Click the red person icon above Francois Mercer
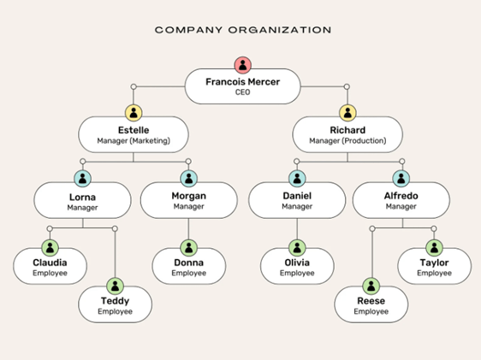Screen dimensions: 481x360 243,65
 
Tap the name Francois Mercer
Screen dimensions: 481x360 243,82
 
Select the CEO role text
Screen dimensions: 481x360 243,92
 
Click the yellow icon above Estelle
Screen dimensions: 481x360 134,113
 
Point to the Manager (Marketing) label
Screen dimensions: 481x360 134,140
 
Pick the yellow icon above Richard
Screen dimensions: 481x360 347,113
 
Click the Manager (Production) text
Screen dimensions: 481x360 347,140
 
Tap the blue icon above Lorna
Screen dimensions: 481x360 82,179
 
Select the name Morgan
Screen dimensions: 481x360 188,196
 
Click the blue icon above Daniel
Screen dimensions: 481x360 297,179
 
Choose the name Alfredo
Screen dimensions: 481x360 401,196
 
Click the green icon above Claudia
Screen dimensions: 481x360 50,248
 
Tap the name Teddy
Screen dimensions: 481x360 115,301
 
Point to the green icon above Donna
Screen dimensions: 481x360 188,248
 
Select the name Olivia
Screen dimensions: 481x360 297,263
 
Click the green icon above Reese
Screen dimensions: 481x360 371,286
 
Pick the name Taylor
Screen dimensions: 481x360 434,263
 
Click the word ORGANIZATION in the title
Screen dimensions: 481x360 280,30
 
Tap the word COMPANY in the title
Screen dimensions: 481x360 188,30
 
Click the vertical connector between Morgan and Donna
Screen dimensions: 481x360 188,228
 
